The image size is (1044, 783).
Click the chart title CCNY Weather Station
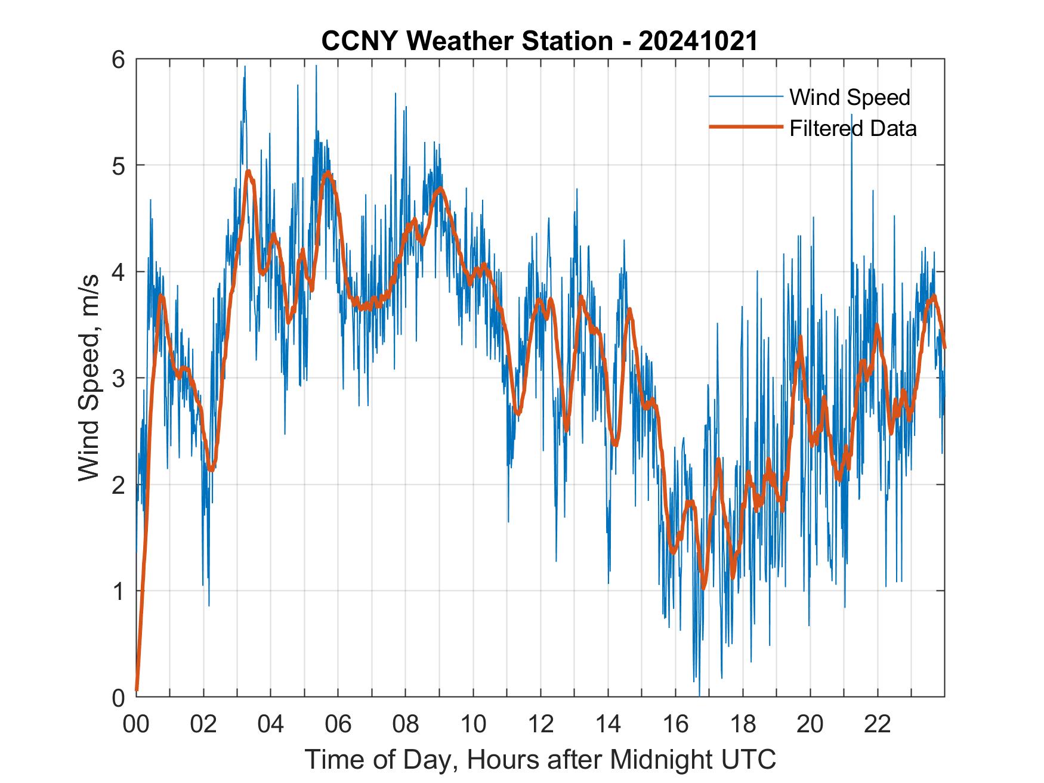(467, 41)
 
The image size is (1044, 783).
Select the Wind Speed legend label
(850, 97)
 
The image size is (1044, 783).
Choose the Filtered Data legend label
(853, 128)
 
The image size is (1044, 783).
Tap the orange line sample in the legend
(746, 127)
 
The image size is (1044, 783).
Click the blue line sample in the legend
(746, 97)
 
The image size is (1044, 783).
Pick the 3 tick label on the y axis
(119, 378)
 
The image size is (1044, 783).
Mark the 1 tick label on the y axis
(119, 591)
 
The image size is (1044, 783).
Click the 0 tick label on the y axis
(119, 697)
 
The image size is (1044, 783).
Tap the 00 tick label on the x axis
(136, 725)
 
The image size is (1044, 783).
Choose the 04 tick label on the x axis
(271, 725)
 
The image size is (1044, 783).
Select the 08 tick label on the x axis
(406, 725)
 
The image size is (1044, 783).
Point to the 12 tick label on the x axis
(540, 725)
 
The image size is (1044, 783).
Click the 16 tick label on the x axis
(675, 725)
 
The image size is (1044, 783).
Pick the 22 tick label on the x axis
(878, 725)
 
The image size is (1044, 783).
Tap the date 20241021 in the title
(697, 41)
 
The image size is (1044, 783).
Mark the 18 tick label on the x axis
(743, 725)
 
